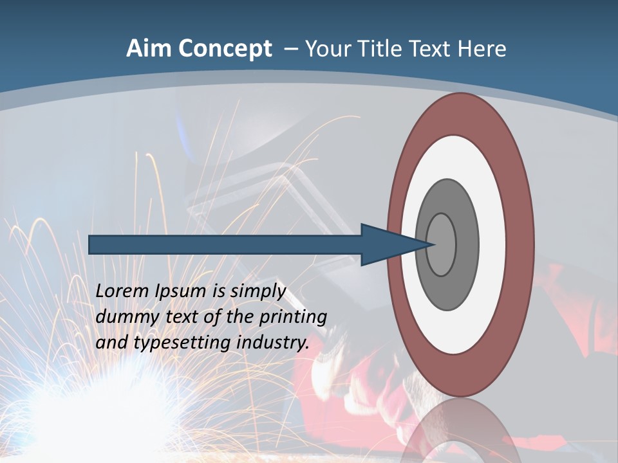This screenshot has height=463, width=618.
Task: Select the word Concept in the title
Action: [225, 49]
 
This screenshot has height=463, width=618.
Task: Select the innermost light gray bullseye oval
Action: [442, 244]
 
